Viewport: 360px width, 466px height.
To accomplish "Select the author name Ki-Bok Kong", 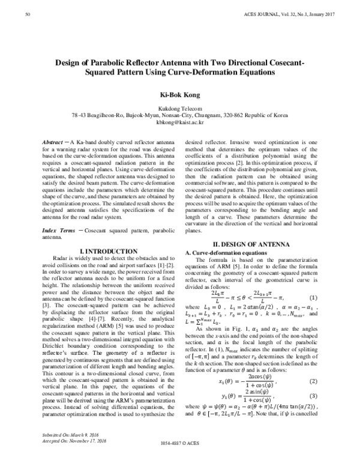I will [180, 94].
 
